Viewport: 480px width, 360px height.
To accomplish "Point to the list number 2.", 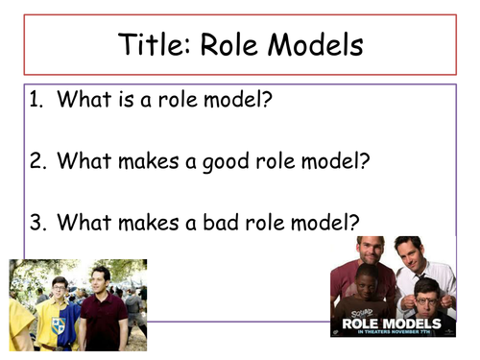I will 36,161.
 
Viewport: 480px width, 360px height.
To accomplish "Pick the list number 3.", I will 36,223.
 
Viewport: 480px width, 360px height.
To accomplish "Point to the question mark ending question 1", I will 272,101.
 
